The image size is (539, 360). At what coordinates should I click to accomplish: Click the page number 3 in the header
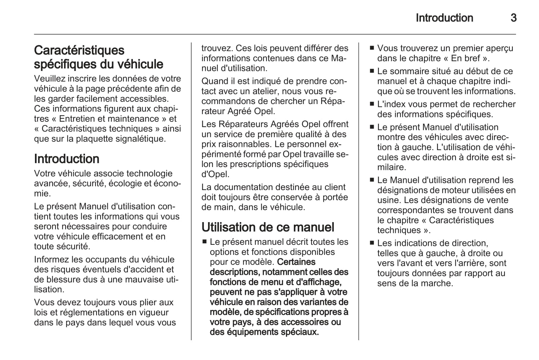pyautogui.click(x=513, y=18)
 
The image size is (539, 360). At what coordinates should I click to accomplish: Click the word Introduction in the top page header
pyautogui.click(x=444, y=18)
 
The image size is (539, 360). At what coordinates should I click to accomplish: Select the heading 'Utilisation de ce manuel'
pyautogui.click(x=268, y=227)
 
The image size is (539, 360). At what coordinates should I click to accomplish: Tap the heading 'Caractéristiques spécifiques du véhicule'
pyautogui.click(x=98, y=57)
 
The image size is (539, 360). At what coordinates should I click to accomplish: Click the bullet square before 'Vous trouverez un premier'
pyautogui.click(x=372, y=48)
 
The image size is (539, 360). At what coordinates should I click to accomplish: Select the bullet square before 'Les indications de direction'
pyautogui.click(x=372, y=243)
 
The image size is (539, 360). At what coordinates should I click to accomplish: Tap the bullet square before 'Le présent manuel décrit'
pyautogui.click(x=205, y=242)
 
